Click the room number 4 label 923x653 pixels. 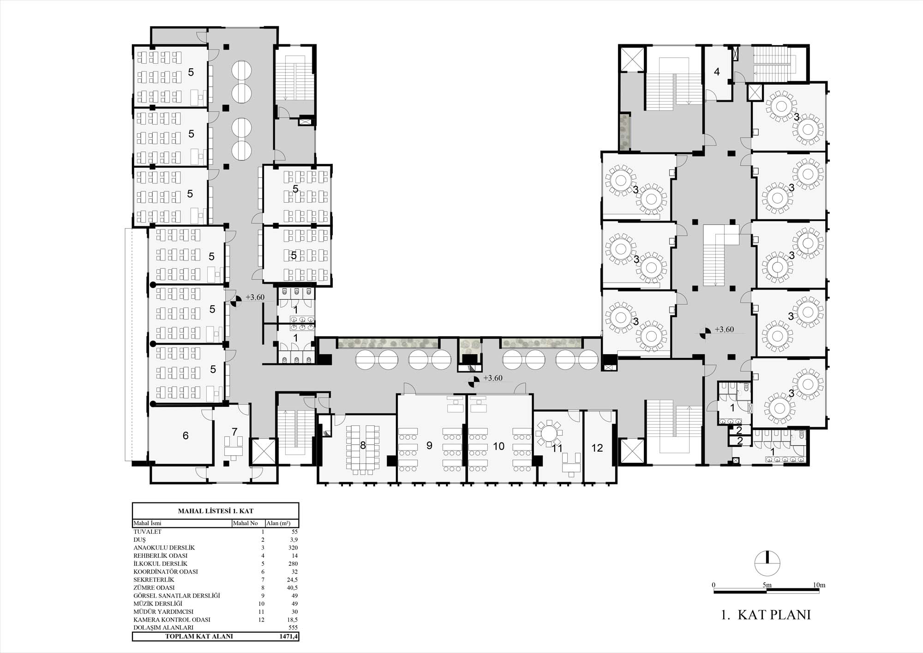pyautogui.click(x=717, y=72)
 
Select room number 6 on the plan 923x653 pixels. pyautogui.click(x=186, y=435)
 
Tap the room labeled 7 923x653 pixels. pyautogui.click(x=234, y=432)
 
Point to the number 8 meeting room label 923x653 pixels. pyautogui.click(x=363, y=445)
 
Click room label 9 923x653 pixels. pyautogui.click(x=429, y=445)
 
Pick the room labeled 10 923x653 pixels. pyautogui.click(x=498, y=446)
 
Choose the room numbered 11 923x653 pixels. pyautogui.click(x=557, y=448)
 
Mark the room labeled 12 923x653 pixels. pyautogui.click(x=597, y=448)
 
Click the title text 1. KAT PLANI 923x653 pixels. pyautogui.click(x=766, y=615)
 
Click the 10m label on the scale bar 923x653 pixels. pyautogui.click(x=819, y=585)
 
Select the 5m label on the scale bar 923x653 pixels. pyautogui.click(x=767, y=585)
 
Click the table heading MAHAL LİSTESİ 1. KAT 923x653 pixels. pyautogui.click(x=216, y=511)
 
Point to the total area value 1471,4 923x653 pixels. pyautogui.click(x=288, y=636)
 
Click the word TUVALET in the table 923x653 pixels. pyautogui.click(x=147, y=532)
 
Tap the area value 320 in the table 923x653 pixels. pyautogui.click(x=293, y=548)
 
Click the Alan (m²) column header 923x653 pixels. pyautogui.click(x=278, y=523)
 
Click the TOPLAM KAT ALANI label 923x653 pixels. pyautogui.click(x=199, y=636)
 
